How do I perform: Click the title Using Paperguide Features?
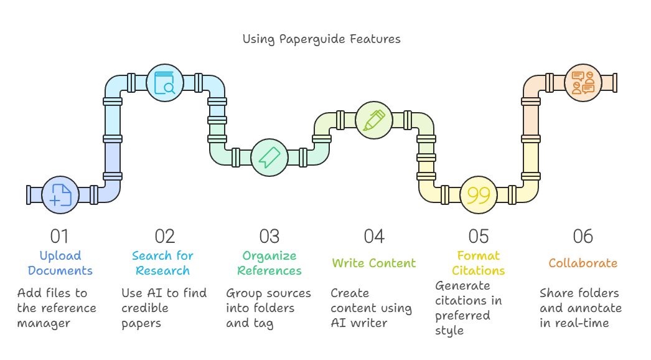tap(321, 39)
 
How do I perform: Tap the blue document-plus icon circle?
tap(60, 194)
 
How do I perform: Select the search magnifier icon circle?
tap(165, 83)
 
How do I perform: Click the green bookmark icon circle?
tap(269, 158)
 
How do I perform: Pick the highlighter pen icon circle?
tap(374, 120)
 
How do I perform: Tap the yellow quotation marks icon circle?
tap(479, 194)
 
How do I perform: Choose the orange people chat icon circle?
tap(583, 83)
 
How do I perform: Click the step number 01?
tap(59, 236)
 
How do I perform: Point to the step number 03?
tap(269, 236)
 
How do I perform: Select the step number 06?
tap(583, 236)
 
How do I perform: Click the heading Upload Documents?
tap(60, 263)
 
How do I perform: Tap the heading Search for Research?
tap(163, 263)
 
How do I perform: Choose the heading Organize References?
tap(269, 263)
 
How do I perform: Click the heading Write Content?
tap(373, 263)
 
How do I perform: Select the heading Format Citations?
tap(478, 263)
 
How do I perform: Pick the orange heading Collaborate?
tap(583, 263)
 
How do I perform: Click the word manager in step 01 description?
tap(44, 323)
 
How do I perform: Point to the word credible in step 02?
tap(145, 308)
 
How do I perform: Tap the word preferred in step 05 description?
tap(462, 316)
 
